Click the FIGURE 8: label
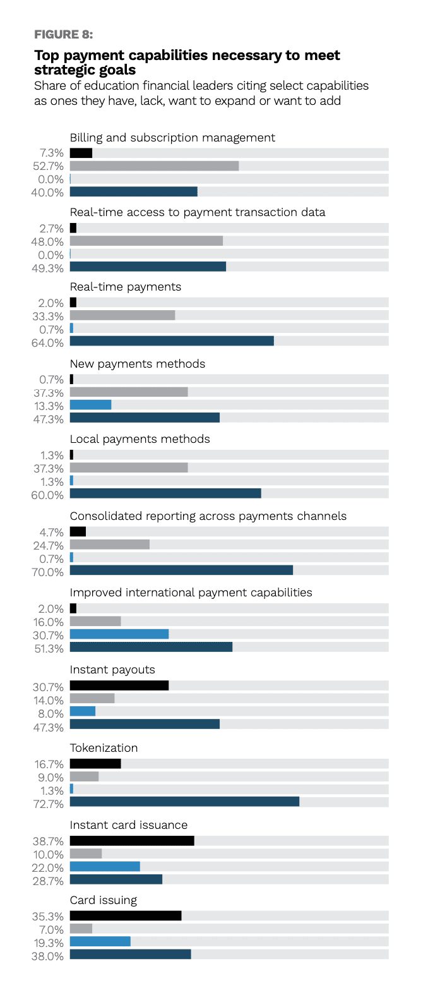(63, 35)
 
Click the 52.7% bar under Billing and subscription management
(154, 166)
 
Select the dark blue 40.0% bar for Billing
(134, 192)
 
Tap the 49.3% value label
(47, 268)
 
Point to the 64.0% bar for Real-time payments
(172, 341)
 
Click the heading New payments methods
(138, 364)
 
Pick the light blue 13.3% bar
(91, 405)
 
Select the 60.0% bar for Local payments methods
(166, 493)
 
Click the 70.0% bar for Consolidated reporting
(181, 570)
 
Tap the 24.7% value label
(49, 546)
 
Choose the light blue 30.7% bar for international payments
(119, 634)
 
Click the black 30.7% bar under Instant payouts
(119, 685)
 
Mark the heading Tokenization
(104, 748)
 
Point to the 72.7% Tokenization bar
(184, 802)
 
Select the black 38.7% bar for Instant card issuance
(132, 841)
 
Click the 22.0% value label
(47, 867)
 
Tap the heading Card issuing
(104, 900)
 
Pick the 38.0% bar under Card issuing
(131, 954)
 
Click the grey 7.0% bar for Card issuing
(81, 928)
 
